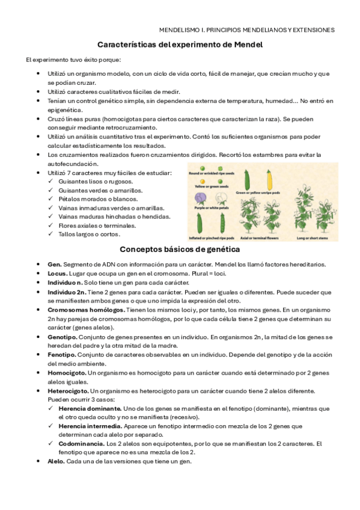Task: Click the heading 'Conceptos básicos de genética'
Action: pyautogui.click(x=180, y=249)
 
